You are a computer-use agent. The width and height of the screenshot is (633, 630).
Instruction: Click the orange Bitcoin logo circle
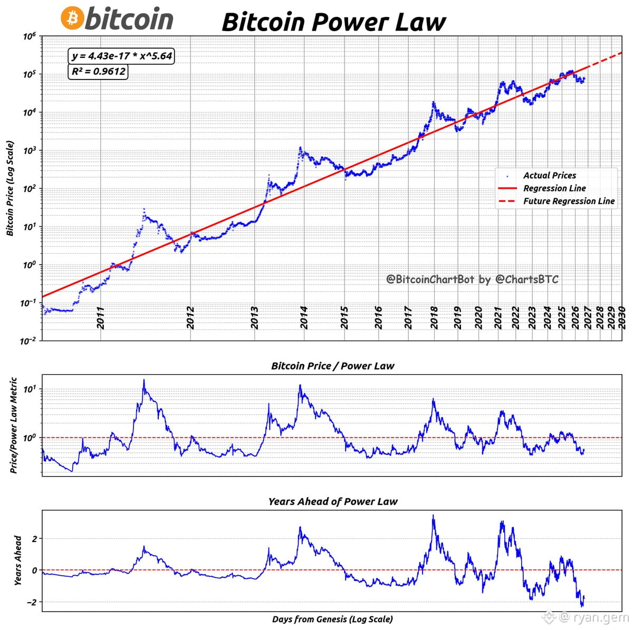72,18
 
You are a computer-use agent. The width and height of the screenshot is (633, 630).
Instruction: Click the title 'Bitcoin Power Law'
334,22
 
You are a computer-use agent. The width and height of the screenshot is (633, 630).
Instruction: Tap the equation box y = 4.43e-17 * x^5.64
121,56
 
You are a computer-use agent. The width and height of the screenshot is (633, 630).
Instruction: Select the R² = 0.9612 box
98,71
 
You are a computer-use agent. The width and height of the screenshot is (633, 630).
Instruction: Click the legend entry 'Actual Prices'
549,176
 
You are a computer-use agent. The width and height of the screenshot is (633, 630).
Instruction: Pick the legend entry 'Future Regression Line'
569,201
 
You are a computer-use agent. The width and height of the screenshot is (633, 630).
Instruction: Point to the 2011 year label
101,318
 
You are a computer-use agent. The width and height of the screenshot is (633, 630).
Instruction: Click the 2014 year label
304,318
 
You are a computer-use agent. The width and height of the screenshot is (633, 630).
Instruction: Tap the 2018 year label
434,318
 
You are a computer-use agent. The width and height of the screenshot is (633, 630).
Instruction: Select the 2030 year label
621,318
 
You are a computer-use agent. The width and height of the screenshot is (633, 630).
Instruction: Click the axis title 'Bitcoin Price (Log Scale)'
10,188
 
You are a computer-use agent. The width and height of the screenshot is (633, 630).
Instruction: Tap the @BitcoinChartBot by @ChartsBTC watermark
472,279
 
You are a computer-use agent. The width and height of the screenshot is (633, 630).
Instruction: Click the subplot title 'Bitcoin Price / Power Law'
332,366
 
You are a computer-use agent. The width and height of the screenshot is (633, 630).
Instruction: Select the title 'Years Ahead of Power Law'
332,502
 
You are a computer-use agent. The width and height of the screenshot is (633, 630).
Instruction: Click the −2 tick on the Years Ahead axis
32,603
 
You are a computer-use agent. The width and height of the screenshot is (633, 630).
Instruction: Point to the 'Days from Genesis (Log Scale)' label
332,619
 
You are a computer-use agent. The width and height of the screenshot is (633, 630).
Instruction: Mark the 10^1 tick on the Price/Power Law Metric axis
31,390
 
